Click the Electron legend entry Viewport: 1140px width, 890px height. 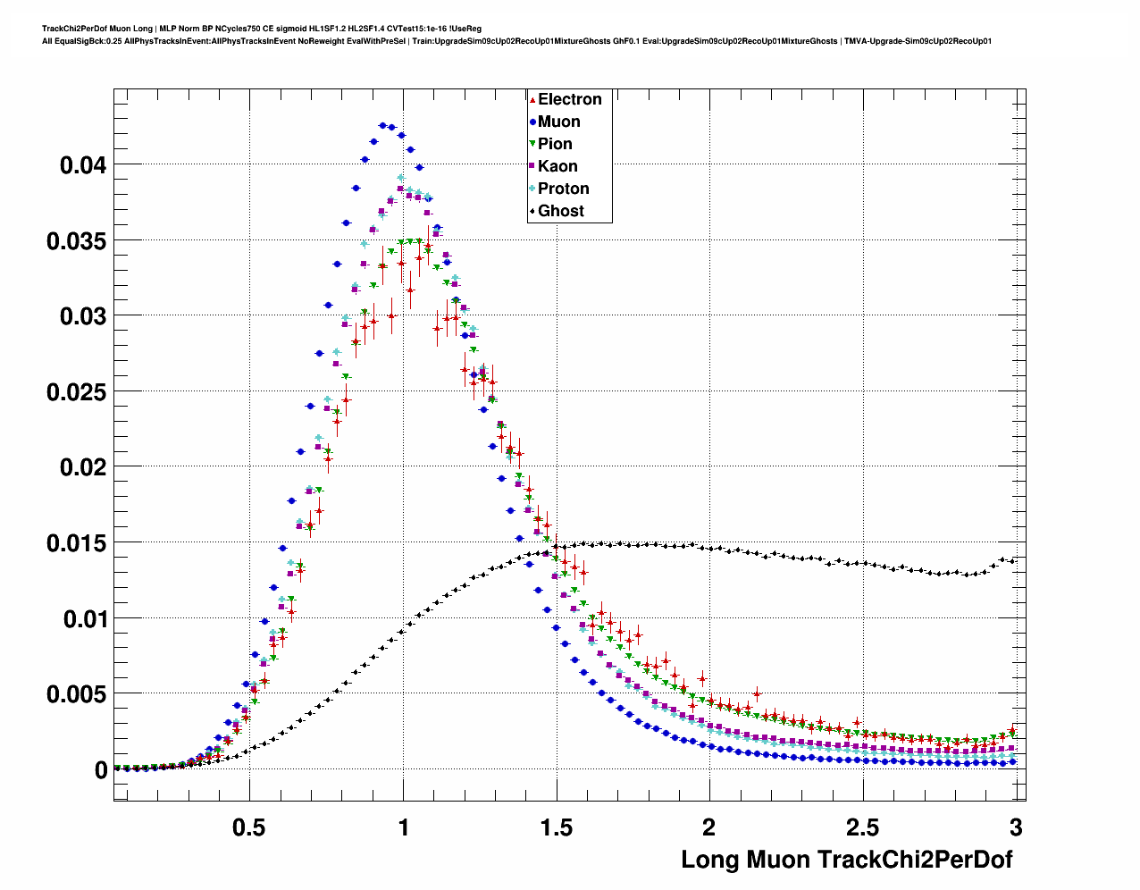tap(569, 99)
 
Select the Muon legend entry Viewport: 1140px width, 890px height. tap(558, 122)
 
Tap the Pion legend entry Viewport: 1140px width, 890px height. tap(555, 144)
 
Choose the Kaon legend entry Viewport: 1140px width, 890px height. tap(557, 166)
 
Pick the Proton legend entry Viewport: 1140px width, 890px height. tap(563, 189)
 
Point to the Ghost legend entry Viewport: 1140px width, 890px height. tap(560, 211)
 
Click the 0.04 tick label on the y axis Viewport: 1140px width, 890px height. tap(83, 165)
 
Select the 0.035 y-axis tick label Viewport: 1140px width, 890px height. tap(77, 241)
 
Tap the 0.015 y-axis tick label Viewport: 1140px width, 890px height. tap(77, 543)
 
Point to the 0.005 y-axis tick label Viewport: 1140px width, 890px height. tap(77, 694)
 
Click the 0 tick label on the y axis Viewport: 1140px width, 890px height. tap(101, 770)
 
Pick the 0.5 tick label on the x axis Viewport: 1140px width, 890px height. tap(249, 827)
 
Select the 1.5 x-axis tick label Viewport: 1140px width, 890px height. tap(557, 827)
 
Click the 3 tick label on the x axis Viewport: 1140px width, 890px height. tap(1016, 827)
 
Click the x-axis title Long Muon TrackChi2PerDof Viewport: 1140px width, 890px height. tap(847, 860)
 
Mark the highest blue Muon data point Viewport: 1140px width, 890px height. tap(382, 125)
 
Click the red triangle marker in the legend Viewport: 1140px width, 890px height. tap(532, 99)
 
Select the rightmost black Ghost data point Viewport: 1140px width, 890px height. tap(1012, 560)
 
